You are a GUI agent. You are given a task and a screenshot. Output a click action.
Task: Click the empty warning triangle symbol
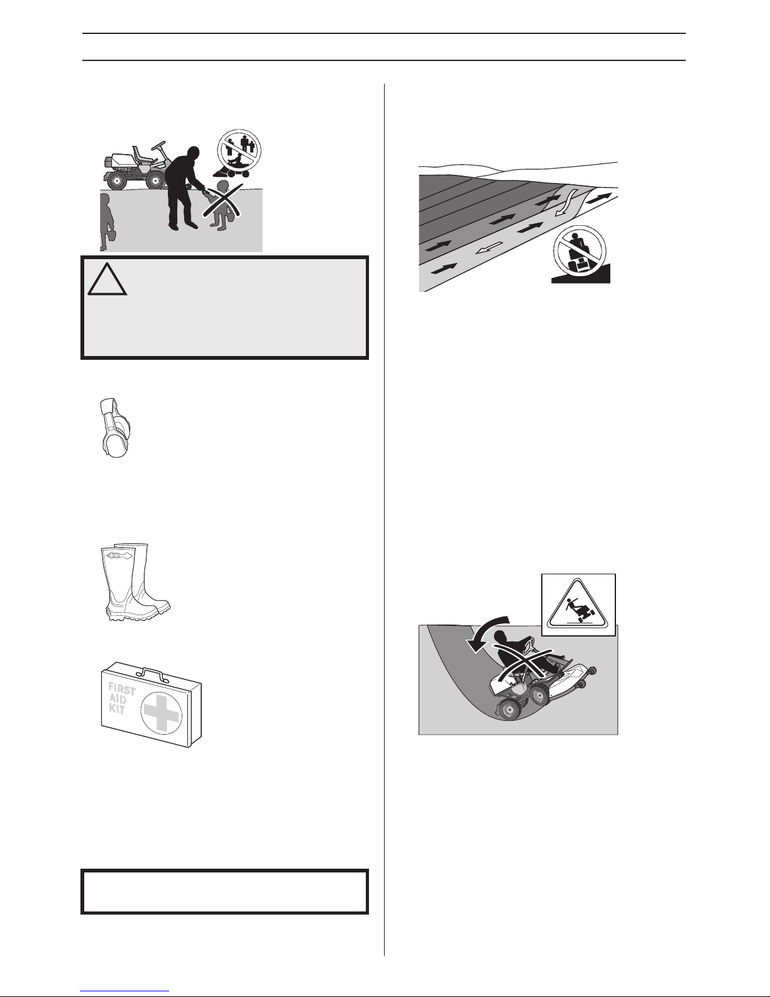pyautogui.click(x=107, y=280)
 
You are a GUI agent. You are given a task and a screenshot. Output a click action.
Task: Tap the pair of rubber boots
pyautogui.click(x=135, y=582)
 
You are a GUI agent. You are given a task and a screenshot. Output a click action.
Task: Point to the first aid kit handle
pyautogui.click(x=151, y=673)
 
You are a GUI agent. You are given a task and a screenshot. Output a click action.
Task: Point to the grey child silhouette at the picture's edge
pyautogui.click(x=107, y=223)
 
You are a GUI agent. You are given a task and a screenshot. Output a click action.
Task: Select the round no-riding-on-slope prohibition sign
pyautogui.click(x=580, y=251)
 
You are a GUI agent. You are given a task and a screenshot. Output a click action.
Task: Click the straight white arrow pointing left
pyautogui.click(x=488, y=249)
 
